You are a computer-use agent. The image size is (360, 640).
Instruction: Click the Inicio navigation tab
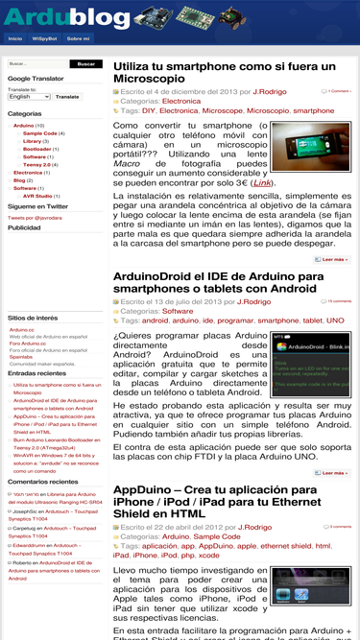tap(15, 38)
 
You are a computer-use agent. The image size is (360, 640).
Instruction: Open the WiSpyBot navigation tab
tap(43, 38)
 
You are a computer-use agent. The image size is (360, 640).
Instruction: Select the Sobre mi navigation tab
tap(78, 38)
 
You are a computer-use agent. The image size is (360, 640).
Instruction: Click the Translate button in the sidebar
tap(67, 97)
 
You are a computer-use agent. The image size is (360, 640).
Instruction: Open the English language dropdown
tap(29, 97)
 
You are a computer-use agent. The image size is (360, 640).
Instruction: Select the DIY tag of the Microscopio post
tap(151, 111)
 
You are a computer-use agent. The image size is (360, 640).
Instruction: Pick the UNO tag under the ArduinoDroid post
tap(335, 320)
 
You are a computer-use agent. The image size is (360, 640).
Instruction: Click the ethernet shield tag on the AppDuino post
tap(286, 546)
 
